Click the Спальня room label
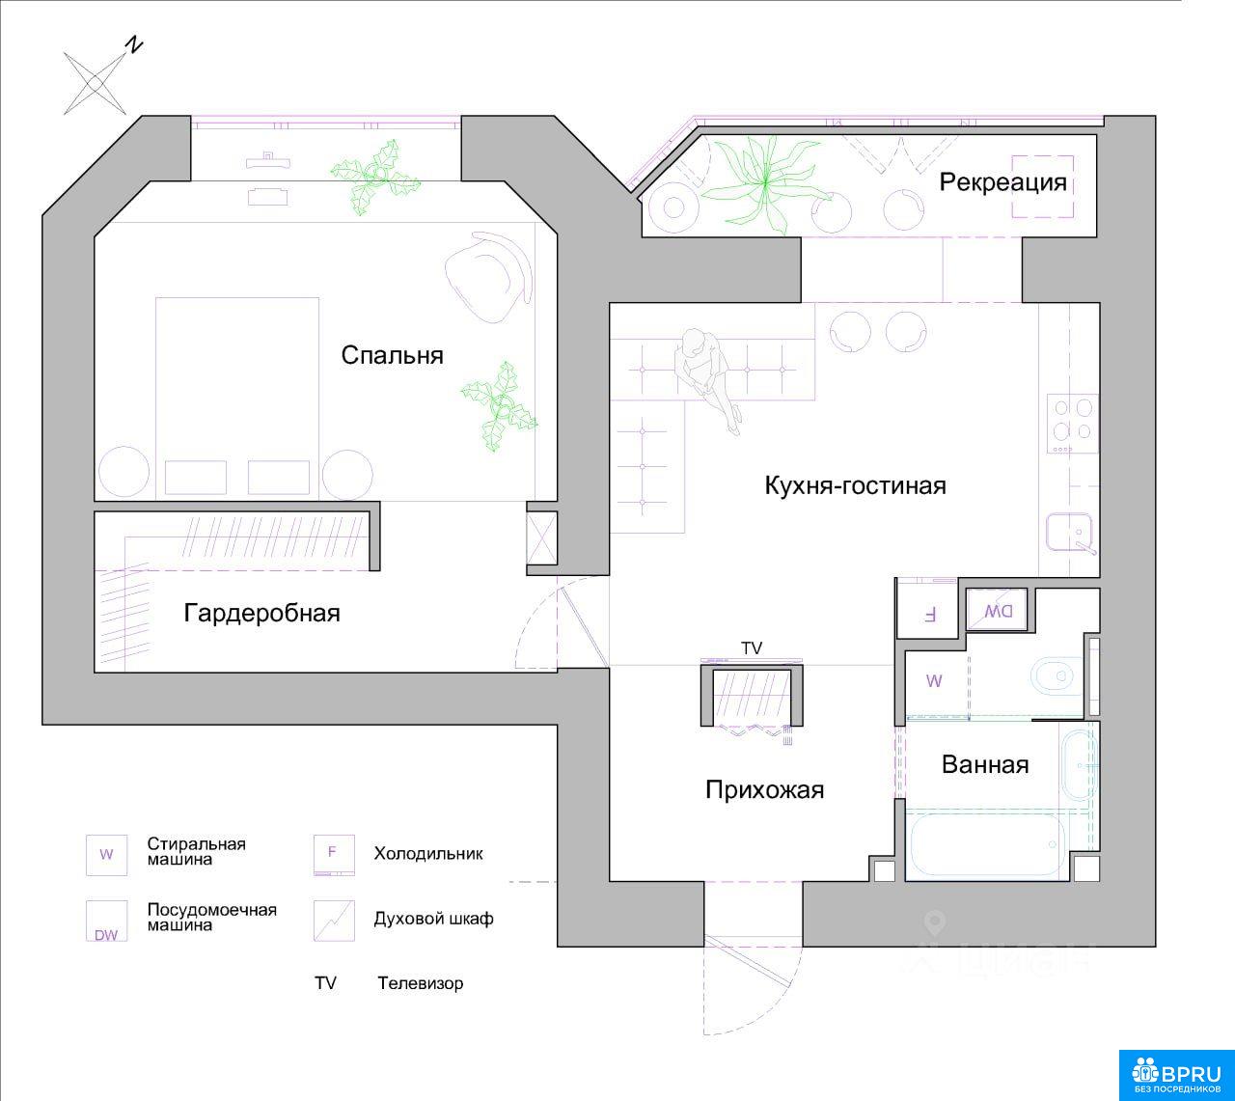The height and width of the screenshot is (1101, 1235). coord(392,355)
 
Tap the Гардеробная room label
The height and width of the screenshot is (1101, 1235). coord(262,614)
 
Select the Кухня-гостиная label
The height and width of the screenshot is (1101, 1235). coord(855,486)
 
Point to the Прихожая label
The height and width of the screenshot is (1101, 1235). coord(764,790)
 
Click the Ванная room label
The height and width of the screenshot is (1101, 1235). coord(985,764)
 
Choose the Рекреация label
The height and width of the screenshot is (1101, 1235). coord(1002,182)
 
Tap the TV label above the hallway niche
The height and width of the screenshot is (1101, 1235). coord(752,648)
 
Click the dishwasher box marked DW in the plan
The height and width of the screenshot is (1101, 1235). coord(998,610)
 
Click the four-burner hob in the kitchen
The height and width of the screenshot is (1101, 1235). coord(1072,424)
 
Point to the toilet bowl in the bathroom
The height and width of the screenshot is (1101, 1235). coord(1056,675)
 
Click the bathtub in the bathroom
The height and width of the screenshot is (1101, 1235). coord(987,845)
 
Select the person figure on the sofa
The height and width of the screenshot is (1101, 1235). coord(706,378)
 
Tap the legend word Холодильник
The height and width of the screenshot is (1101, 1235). coord(428,854)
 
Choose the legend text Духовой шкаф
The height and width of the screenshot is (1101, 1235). coord(433,919)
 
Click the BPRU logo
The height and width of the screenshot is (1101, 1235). coord(1177,1075)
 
